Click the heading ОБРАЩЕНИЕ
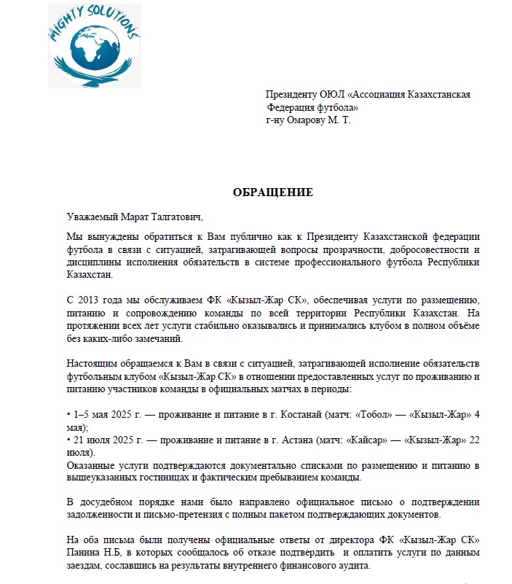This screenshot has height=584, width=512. (272, 192)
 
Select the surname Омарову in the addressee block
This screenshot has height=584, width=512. (315, 120)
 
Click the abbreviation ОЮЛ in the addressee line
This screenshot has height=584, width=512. (333, 95)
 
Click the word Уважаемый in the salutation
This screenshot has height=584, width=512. (90, 217)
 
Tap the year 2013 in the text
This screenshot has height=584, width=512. (92, 300)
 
